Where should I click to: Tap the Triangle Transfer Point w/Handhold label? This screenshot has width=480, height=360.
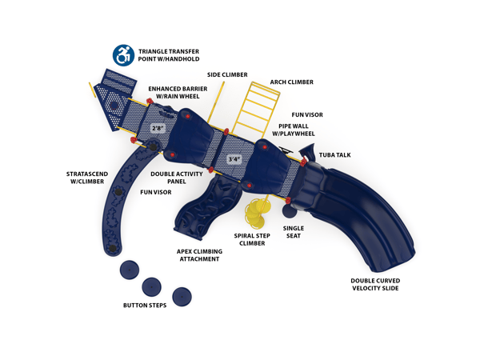(x=168, y=54)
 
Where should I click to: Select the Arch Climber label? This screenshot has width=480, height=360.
(x=291, y=82)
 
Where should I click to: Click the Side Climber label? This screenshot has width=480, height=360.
(x=227, y=74)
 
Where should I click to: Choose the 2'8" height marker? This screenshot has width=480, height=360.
(x=158, y=128)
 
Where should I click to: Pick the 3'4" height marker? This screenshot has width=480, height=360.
(x=234, y=158)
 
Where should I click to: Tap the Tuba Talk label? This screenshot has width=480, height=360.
(x=334, y=154)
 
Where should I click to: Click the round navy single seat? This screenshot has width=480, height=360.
(x=290, y=213)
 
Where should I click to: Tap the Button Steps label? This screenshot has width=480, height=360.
(x=145, y=306)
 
